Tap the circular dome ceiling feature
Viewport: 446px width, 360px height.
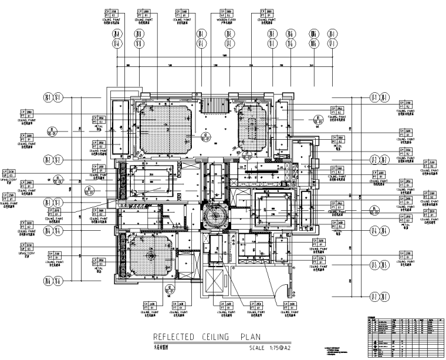pyautogui.click(x=212, y=216)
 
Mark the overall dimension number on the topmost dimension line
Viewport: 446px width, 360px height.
pyautogui.click(x=224, y=55)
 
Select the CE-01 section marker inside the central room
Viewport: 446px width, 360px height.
pyautogui.click(x=205, y=137)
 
